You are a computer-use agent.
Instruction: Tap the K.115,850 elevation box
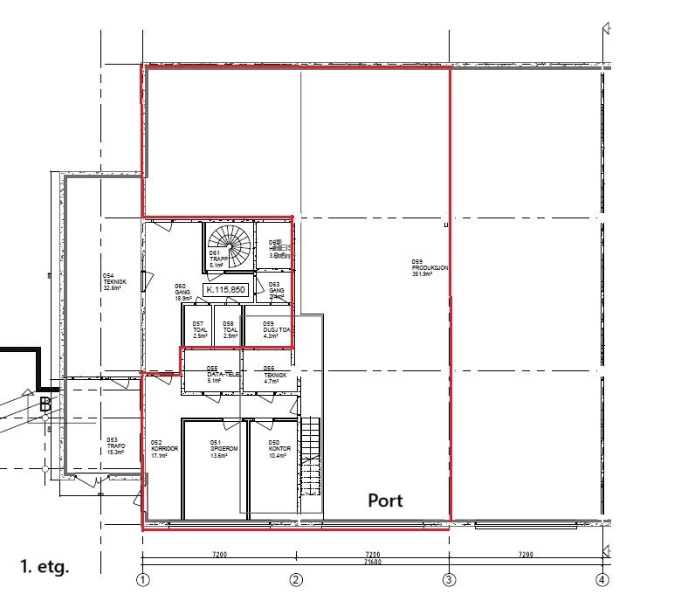click(226, 289)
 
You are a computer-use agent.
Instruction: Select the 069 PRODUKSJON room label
click(430, 267)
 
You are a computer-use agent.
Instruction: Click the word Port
click(385, 501)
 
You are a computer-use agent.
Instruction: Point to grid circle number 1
click(143, 580)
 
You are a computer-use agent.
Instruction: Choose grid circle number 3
click(449, 580)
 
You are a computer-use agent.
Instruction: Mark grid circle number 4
click(602, 580)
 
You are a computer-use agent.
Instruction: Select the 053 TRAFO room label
click(115, 446)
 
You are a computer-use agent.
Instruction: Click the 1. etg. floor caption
click(44, 566)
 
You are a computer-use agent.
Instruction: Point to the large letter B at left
click(45, 404)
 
